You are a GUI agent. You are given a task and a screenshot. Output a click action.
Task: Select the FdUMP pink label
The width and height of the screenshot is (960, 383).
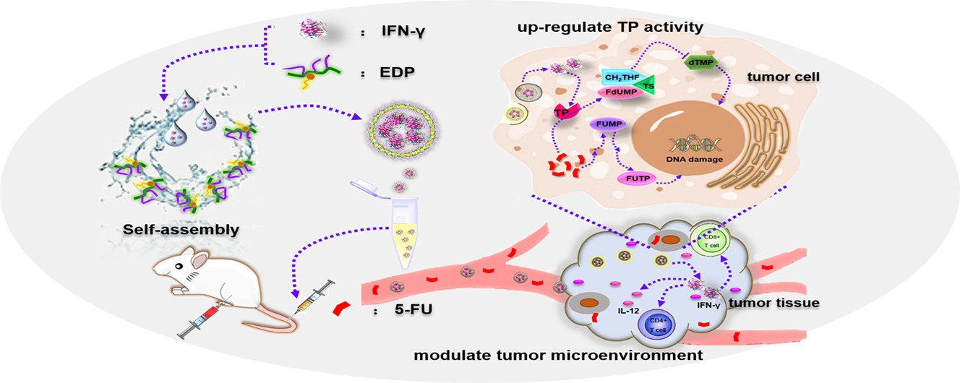pyautogui.click(x=616, y=92)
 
